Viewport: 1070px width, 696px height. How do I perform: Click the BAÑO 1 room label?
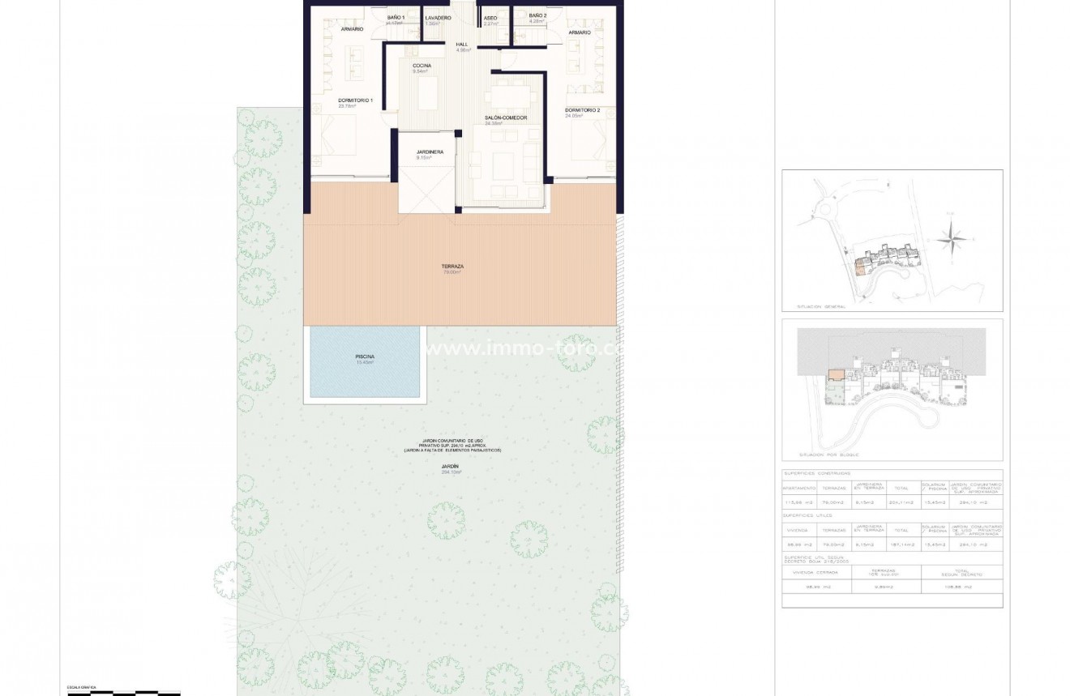(396, 17)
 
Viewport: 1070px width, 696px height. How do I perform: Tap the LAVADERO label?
(438, 17)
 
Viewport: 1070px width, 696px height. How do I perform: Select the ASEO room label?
(490, 17)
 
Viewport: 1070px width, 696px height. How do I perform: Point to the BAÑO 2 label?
(537, 15)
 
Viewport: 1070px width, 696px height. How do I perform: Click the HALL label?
(463, 45)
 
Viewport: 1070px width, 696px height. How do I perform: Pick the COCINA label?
(422, 65)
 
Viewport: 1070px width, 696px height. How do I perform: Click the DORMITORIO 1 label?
(355, 100)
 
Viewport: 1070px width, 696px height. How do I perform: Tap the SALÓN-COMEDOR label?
(506, 118)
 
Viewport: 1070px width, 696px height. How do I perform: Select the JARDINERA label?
(428, 152)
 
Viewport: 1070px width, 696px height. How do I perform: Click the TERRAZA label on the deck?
(452, 267)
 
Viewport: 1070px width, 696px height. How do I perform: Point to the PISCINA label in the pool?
(365, 357)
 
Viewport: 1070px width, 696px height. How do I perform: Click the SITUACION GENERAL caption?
(821, 307)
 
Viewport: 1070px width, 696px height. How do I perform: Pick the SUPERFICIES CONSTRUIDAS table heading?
(817, 473)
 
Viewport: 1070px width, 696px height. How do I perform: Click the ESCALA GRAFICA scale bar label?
(81, 687)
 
